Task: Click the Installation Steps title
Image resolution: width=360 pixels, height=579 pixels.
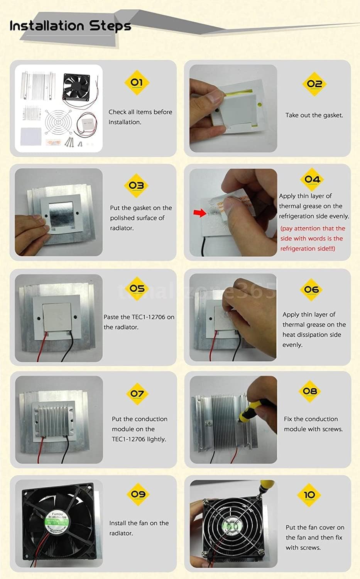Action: (x=70, y=26)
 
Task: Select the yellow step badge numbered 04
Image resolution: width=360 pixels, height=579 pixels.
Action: (x=312, y=179)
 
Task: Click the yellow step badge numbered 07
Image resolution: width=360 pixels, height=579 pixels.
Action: (x=137, y=394)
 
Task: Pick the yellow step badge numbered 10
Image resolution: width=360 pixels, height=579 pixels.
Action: (x=309, y=495)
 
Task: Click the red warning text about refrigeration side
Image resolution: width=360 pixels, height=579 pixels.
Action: (x=313, y=239)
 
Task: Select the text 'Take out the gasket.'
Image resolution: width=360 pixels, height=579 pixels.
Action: (x=314, y=115)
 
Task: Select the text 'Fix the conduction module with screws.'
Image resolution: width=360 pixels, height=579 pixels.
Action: (x=313, y=424)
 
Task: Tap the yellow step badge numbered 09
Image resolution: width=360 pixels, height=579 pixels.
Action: (x=138, y=494)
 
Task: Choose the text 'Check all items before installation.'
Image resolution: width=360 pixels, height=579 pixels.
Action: (x=140, y=117)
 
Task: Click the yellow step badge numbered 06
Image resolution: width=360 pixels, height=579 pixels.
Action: (x=311, y=290)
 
